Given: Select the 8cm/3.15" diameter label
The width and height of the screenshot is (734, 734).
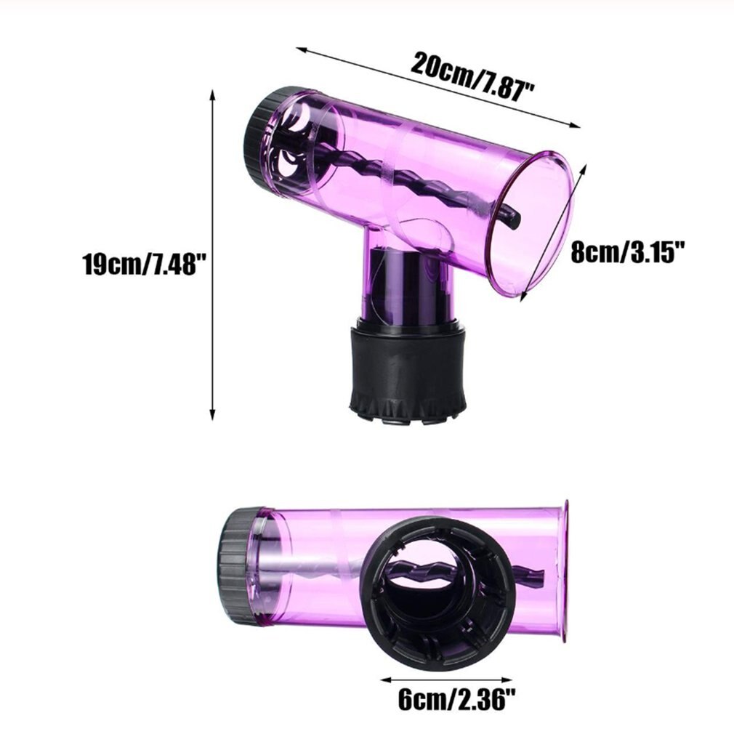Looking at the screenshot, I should coord(629,254).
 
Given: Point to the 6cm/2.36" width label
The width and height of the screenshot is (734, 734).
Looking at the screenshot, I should coord(457,701).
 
